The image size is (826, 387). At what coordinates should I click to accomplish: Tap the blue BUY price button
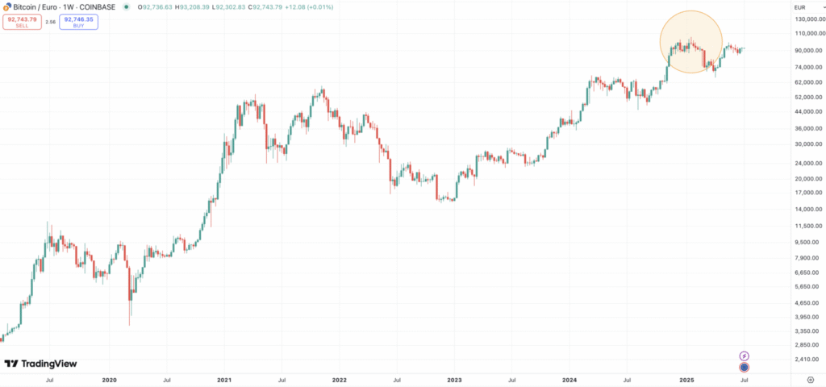click(79, 23)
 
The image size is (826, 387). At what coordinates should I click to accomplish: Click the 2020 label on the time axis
click(110, 378)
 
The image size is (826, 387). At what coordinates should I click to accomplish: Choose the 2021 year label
click(224, 378)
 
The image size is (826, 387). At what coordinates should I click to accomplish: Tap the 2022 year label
click(340, 378)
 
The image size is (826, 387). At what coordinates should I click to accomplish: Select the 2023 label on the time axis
click(454, 378)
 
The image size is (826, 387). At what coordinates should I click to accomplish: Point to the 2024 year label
click(569, 378)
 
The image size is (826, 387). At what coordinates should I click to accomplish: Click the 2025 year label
click(686, 378)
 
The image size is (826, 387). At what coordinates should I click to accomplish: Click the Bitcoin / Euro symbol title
click(38, 6)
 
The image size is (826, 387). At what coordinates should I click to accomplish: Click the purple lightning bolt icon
click(745, 356)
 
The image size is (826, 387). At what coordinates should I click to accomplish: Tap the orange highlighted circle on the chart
click(691, 42)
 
